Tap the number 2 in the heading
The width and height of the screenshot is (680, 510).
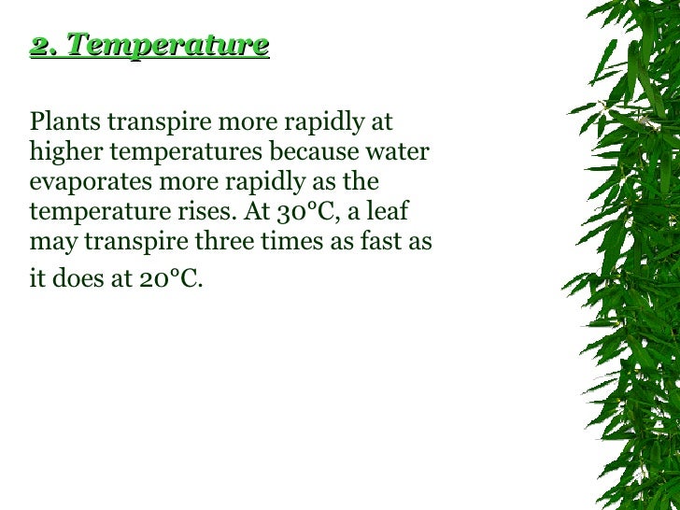point(37,46)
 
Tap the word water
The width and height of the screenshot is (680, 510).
point(400,150)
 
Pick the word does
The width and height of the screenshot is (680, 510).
point(84,278)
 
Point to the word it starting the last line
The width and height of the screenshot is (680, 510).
point(38,278)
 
